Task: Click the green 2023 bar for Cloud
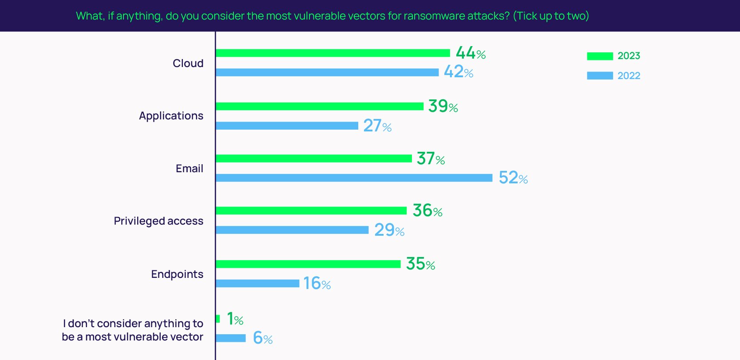[x=332, y=53]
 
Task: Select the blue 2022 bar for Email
[x=354, y=178]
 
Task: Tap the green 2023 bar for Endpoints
[x=308, y=264]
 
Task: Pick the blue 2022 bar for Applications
[x=287, y=126]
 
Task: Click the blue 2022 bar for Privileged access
[x=292, y=230]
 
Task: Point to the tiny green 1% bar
[x=218, y=319]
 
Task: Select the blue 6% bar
[x=230, y=338]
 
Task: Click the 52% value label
[x=513, y=178]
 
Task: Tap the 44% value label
[x=470, y=53]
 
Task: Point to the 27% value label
[x=377, y=126]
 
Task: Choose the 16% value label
[x=317, y=283]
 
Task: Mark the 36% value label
[x=427, y=210]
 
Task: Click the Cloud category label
[x=188, y=63]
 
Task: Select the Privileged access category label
[x=158, y=221]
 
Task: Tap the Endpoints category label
[x=177, y=274]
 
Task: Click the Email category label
[x=189, y=168]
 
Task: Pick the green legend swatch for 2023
[x=600, y=56]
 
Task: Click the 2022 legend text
[x=629, y=75]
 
